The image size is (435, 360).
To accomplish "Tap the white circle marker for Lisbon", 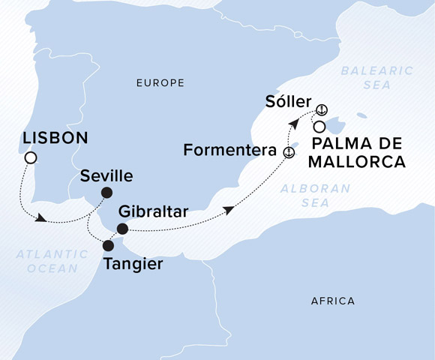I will (x=30, y=157).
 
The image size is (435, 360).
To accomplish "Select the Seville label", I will (x=106, y=176).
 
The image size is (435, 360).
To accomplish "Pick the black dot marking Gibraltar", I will (x=122, y=228).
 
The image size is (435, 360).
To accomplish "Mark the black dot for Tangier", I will (x=108, y=245).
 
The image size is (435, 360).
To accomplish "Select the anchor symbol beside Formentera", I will (x=288, y=151).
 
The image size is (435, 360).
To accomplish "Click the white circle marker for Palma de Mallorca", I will (x=319, y=126).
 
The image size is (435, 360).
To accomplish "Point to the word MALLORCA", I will (x=359, y=161).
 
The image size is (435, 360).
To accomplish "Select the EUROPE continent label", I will (x=160, y=83).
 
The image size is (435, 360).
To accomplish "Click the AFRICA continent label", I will (x=332, y=301).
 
